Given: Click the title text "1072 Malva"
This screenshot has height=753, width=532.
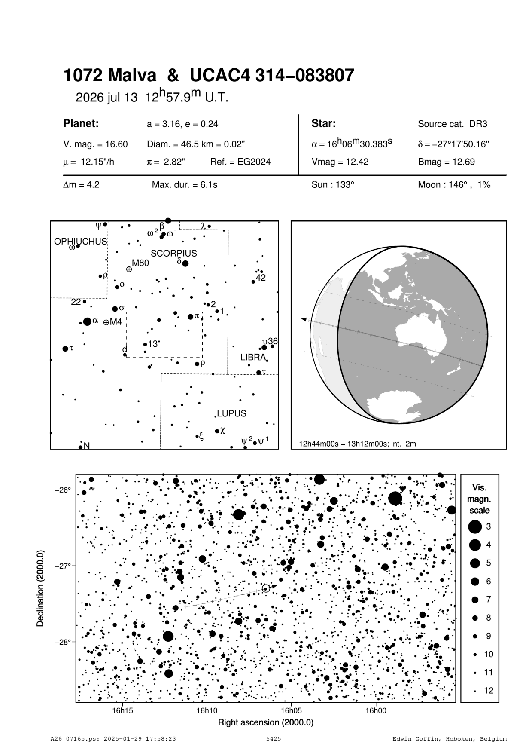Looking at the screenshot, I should coord(110,76).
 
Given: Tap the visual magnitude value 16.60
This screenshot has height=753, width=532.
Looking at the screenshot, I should coord(95,144).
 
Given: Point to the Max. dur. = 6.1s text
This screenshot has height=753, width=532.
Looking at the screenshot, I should coord(185,185).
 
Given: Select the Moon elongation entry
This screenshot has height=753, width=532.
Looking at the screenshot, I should coord(454,185).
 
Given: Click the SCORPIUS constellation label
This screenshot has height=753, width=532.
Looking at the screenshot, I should coord(174,253).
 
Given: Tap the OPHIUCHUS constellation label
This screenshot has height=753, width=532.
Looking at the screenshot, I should coord(80,242).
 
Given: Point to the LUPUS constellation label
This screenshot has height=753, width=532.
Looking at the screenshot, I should coord(231,413).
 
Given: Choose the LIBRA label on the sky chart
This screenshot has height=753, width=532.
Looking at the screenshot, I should coord(253,357).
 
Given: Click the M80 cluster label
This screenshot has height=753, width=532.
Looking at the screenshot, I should coord(140,263).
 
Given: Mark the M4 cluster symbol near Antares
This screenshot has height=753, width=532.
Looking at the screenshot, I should coord(106,322).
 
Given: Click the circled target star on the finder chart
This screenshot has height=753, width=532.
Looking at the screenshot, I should coord(266,588).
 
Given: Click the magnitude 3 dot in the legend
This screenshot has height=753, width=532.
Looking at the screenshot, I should coord(475,526).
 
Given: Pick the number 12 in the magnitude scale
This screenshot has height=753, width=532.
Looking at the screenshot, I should coord(489,691).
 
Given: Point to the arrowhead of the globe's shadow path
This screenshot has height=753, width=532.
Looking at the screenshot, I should coord(304,319).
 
